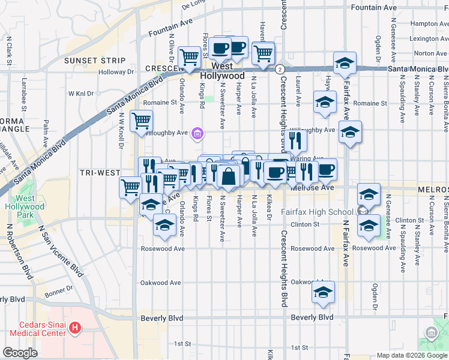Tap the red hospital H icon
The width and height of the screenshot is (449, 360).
pos(75,328)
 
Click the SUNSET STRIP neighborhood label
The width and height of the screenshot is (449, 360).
pos(95,61)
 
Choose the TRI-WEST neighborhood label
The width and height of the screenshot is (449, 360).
pos(100,173)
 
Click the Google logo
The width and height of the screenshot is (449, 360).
pos(20,353)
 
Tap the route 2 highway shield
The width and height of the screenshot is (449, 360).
pos(280,70)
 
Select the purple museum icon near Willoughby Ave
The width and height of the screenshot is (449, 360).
pos(197,133)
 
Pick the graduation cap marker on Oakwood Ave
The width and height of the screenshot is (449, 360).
pos(323,292)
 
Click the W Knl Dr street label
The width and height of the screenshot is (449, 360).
pos(81,94)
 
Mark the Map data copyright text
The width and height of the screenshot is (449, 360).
pos(412,355)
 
